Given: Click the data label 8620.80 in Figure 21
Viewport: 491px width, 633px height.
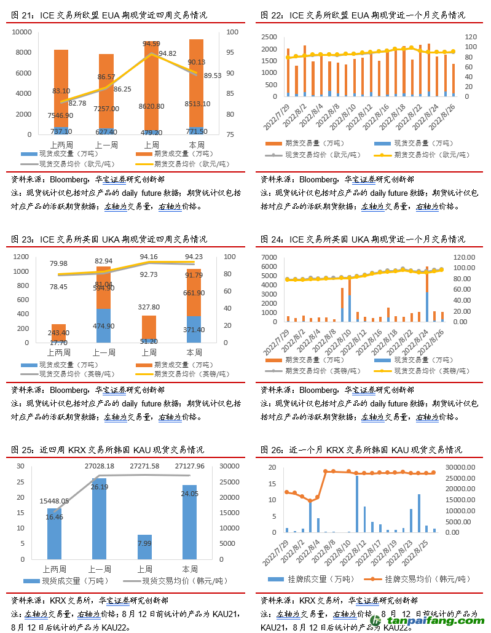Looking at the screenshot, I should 151,106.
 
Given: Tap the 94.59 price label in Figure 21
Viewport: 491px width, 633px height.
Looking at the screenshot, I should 151,44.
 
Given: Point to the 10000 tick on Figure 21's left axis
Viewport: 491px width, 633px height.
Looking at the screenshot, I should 22,32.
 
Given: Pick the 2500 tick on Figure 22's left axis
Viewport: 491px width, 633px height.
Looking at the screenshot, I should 269,36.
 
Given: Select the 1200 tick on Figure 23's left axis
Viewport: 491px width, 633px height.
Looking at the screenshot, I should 21,257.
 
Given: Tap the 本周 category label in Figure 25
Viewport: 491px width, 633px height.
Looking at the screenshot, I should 189,569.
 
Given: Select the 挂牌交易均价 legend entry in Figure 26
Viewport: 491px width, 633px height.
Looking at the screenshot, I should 421,579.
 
